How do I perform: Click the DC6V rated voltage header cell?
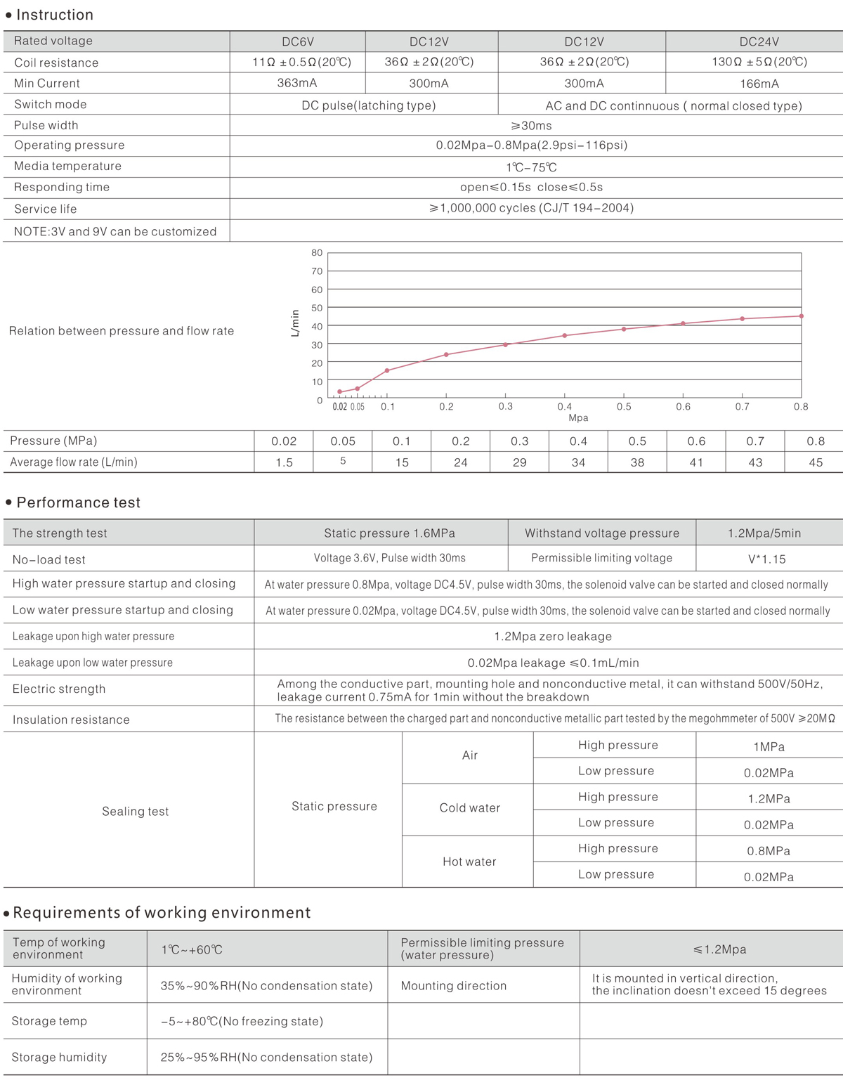[x=297, y=41]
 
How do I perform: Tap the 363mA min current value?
[x=297, y=83]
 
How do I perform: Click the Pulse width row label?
[x=46, y=125]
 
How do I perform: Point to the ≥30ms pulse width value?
[x=531, y=126]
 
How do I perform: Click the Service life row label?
[x=46, y=209]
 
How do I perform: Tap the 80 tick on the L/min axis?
[x=317, y=253]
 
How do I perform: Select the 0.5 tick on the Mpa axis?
[x=624, y=406]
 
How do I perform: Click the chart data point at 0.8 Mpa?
[x=802, y=316]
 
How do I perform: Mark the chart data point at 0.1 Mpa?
[x=387, y=370]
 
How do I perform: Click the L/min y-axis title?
[x=295, y=323]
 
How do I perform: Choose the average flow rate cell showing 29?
[x=519, y=462]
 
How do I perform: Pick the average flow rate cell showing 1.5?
[x=284, y=462]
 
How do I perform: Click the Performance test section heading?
[x=78, y=502]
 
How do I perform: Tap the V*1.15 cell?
[x=766, y=559]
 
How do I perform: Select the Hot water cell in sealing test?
[x=469, y=862]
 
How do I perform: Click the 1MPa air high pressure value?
[x=769, y=747]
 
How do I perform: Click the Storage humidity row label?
[x=59, y=1057]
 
